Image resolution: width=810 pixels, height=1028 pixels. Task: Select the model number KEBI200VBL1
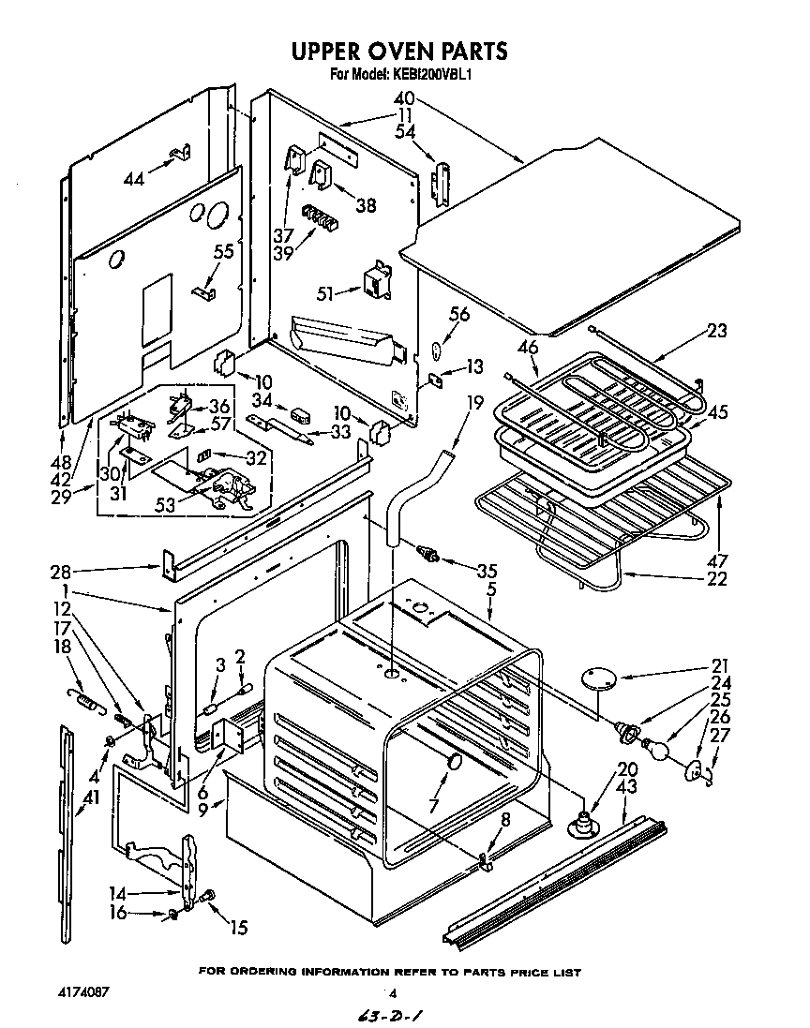tap(430, 74)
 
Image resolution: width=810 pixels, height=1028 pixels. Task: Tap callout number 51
tap(325, 292)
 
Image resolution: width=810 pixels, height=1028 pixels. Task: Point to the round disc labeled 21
tap(596, 677)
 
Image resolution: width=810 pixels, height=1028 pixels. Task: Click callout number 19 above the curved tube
tap(475, 404)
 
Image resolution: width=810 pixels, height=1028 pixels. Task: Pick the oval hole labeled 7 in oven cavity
tap(454, 762)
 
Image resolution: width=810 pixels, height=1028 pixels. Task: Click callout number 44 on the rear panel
tap(135, 178)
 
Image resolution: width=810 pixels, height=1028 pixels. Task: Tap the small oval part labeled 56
tap(436, 351)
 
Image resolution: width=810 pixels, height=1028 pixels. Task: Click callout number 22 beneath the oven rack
tap(717, 578)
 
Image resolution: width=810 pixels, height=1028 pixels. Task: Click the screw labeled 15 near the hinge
tap(208, 896)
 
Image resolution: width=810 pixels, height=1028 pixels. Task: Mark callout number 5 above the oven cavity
tap(492, 589)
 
